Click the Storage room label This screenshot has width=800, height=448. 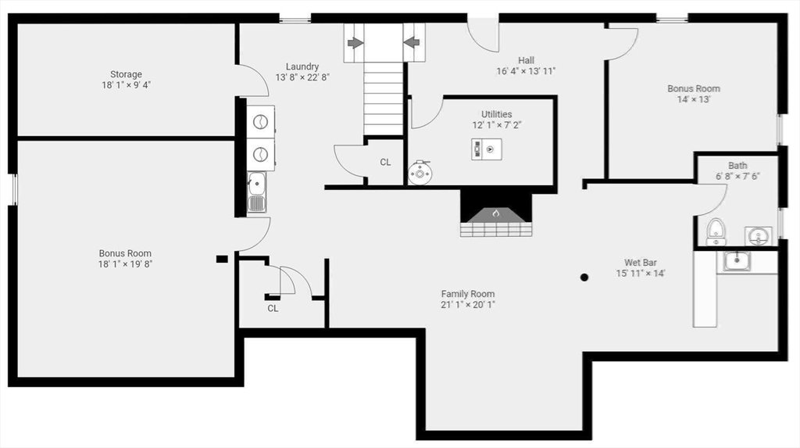click(x=126, y=74)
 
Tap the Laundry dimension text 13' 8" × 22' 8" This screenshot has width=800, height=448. click(x=302, y=77)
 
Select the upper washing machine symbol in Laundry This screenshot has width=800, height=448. click(x=261, y=122)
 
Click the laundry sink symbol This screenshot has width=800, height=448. click(x=256, y=192)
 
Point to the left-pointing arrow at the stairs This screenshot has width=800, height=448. click(x=411, y=42)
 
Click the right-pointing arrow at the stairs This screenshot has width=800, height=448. click(x=355, y=43)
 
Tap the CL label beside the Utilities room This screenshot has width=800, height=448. click(x=385, y=162)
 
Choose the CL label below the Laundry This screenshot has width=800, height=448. click(x=273, y=309)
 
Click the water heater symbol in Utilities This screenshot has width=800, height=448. click(x=420, y=173)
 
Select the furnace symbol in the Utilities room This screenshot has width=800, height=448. click(x=486, y=149)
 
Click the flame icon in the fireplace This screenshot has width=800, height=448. click(x=495, y=213)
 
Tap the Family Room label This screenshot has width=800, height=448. click(x=468, y=294)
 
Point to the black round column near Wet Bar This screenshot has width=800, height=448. click(x=584, y=278)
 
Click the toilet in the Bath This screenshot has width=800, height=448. click(x=716, y=232)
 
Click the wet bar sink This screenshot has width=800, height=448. click(x=736, y=261)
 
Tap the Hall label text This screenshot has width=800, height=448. click(x=526, y=60)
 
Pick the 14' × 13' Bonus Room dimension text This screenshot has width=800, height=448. click(x=694, y=99)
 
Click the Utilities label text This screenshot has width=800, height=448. click(x=496, y=114)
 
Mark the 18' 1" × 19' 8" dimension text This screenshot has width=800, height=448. click(x=126, y=264)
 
